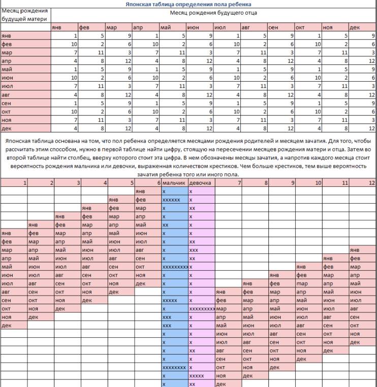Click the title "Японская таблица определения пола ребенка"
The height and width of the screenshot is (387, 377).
pos(188,4)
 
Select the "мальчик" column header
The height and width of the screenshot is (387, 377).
pos(174,182)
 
